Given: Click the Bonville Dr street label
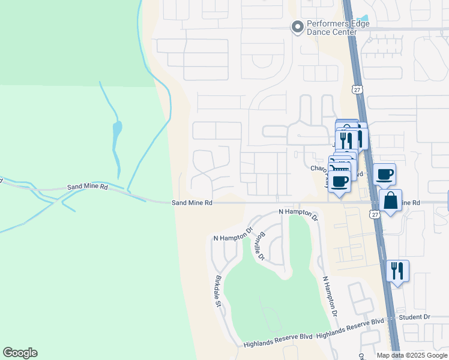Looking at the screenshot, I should pos(259,245).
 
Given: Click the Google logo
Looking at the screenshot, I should pos(20,353).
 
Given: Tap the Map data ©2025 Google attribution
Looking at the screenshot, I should pos(412,355).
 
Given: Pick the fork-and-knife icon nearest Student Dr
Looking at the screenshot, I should pos(397,271).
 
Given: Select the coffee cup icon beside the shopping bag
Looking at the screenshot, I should pos(384,175).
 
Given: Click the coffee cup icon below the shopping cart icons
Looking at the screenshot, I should pos(339,181).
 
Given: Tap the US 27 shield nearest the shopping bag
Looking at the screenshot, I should pos(375,214).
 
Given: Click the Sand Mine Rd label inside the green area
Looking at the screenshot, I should pos(88,187).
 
